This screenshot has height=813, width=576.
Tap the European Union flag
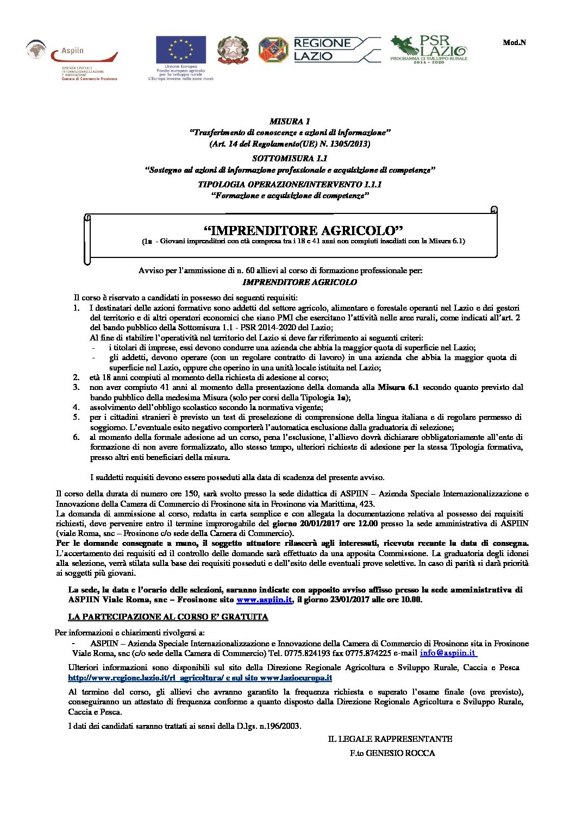click(180, 49)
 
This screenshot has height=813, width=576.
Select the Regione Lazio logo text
click(322, 49)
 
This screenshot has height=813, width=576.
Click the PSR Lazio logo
click(429, 49)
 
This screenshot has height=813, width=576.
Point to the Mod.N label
click(514, 42)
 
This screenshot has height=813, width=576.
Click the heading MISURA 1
click(290, 121)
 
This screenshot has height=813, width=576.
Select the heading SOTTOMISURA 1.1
click(290, 159)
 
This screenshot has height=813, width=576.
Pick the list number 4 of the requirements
click(77, 407)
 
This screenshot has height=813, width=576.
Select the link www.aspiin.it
click(265, 600)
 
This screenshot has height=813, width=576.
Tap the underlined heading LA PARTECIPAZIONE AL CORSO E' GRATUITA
click(168, 617)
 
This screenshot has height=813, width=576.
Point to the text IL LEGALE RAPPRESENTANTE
click(390, 739)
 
